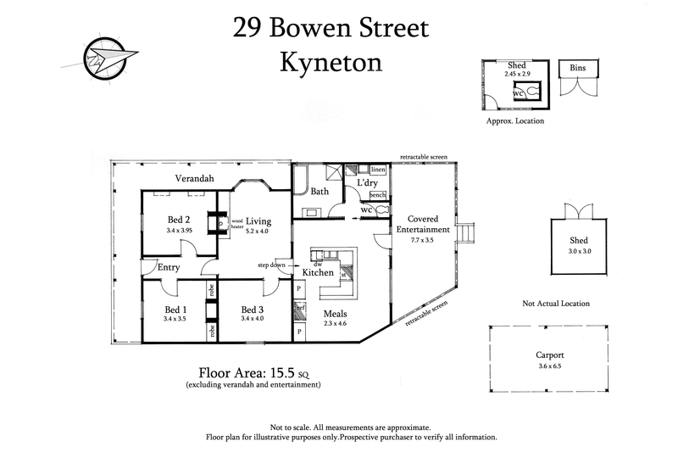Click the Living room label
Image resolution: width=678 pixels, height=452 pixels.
(258, 220)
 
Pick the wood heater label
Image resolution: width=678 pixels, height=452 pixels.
(237, 223)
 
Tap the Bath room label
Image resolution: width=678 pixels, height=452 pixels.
(320, 192)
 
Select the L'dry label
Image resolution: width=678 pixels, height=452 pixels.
(367, 182)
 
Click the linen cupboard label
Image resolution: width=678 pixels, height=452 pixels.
(378, 170)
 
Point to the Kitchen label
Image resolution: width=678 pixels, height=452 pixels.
(318, 272)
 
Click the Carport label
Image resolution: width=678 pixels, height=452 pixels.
(549, 355)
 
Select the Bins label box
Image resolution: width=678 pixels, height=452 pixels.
(578, 68)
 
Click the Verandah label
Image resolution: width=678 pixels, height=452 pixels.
(196, 179)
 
